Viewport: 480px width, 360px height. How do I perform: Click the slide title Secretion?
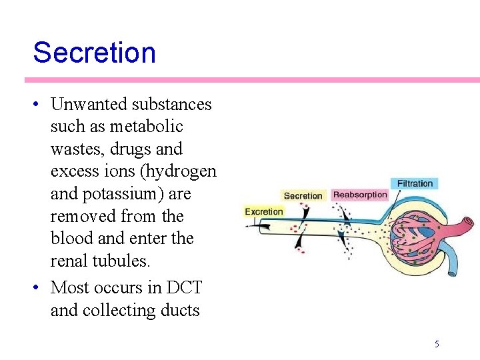click(x=94, y=53)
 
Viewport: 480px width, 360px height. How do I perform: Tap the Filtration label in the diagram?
click(x=415, y=183)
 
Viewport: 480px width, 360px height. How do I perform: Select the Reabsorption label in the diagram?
click(x=360, y=195)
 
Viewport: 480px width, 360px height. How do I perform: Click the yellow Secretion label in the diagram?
click(x=303, y=195)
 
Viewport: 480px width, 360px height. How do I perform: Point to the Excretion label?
click(x=264, y=211)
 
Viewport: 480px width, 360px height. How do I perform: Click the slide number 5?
click(x=437, y=344)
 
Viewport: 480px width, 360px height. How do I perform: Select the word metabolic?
click(x=147, y=127)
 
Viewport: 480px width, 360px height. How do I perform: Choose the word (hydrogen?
click(x=180, y=171)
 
